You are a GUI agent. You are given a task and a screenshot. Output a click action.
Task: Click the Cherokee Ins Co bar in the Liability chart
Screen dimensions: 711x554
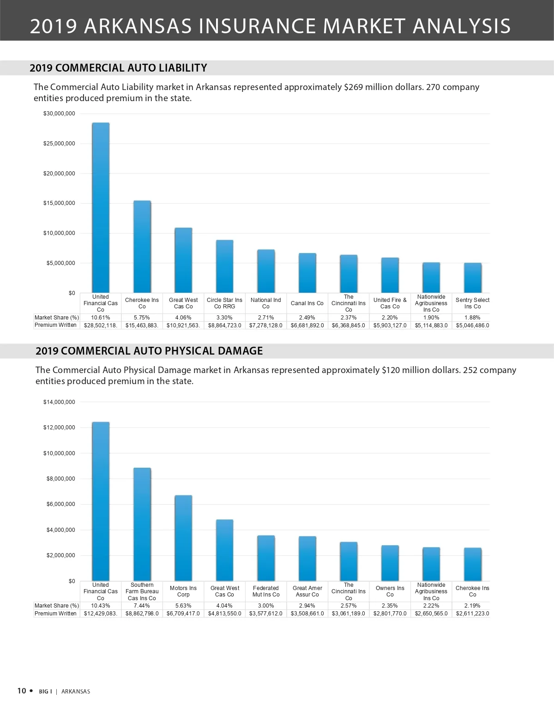pos(142,247)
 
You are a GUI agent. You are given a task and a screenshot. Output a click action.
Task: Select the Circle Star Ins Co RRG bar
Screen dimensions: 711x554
pos(224,266)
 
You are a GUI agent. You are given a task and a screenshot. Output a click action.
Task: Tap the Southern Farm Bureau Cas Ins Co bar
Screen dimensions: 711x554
pos(142,524)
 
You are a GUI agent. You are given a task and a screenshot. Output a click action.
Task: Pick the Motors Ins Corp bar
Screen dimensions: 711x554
pos(183,538)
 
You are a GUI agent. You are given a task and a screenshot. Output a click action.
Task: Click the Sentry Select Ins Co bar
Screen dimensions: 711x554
pos(472,278)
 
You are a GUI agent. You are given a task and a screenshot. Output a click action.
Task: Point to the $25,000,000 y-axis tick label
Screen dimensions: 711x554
pos(59,144)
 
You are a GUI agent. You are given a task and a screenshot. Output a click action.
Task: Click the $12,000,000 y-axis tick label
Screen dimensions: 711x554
pos(59,428)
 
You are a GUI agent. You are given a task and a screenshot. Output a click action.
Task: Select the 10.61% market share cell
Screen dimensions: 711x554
pos(101,318)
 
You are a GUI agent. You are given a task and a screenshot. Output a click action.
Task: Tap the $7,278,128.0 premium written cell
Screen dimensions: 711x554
pos(265,325)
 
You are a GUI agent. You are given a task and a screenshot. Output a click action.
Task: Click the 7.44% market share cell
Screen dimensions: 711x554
pos(142,606)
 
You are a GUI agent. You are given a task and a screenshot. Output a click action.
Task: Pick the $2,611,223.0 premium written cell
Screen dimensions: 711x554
pos(472,614)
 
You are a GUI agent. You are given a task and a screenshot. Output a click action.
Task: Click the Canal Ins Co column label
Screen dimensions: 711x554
pos(307,303)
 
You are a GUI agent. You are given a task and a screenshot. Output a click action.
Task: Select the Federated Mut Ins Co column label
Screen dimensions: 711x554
pos(265,591)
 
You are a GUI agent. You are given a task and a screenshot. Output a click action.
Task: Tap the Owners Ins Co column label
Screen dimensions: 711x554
pos(390,591)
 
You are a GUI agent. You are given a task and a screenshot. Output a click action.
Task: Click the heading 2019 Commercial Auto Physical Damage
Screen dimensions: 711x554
pos(149,351)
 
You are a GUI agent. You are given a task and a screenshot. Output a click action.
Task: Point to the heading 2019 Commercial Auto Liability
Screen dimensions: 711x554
pos(118,68)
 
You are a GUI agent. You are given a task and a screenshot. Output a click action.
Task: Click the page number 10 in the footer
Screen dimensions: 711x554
pos(22,691)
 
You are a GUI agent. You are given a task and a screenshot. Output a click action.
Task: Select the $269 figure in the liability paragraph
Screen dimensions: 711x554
pos(353,87)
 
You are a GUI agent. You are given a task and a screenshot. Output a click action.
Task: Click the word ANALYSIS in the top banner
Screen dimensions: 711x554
pos(461,26)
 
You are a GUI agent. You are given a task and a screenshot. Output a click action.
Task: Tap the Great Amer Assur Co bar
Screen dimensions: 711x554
pos(307,559)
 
